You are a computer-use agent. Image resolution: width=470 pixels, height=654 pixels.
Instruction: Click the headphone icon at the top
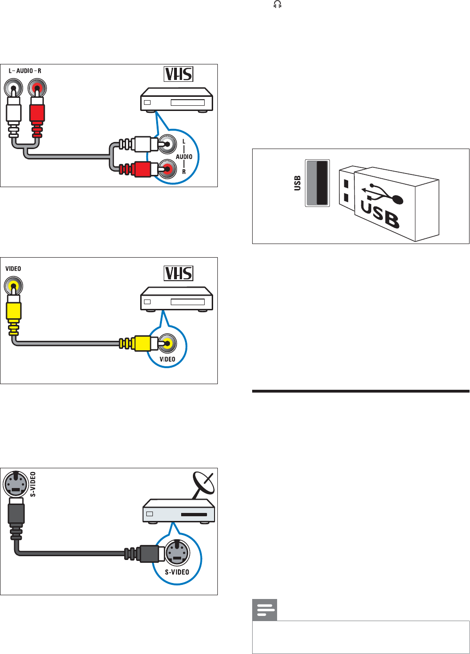(278, 5)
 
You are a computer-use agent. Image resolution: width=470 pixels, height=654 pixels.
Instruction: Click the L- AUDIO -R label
(25, 71)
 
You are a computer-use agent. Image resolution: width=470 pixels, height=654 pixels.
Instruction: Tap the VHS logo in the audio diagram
(178, 74)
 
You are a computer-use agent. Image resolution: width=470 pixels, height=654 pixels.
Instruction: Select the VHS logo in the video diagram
(178, 273)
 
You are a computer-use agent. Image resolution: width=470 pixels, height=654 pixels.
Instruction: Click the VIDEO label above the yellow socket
(13, 268)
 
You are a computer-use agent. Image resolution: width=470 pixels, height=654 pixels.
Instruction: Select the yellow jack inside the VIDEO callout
(167, 343)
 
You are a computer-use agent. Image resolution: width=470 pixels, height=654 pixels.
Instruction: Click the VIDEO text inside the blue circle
(167, 359)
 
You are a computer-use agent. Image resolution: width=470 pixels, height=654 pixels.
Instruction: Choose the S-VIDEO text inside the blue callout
(176, 572)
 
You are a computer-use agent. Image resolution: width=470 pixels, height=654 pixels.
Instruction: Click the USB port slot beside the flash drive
(317, 183)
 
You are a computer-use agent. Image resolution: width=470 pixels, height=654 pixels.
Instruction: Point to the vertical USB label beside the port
(297, 183)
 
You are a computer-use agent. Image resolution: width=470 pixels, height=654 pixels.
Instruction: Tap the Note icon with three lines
(265, 610)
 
